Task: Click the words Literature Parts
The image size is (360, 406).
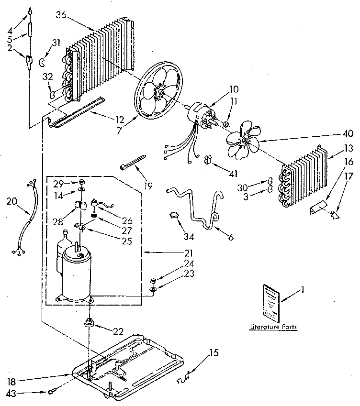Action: point(273,328)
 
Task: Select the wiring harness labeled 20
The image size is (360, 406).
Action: point(27,215)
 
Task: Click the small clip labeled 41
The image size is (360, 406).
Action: point(208,158)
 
